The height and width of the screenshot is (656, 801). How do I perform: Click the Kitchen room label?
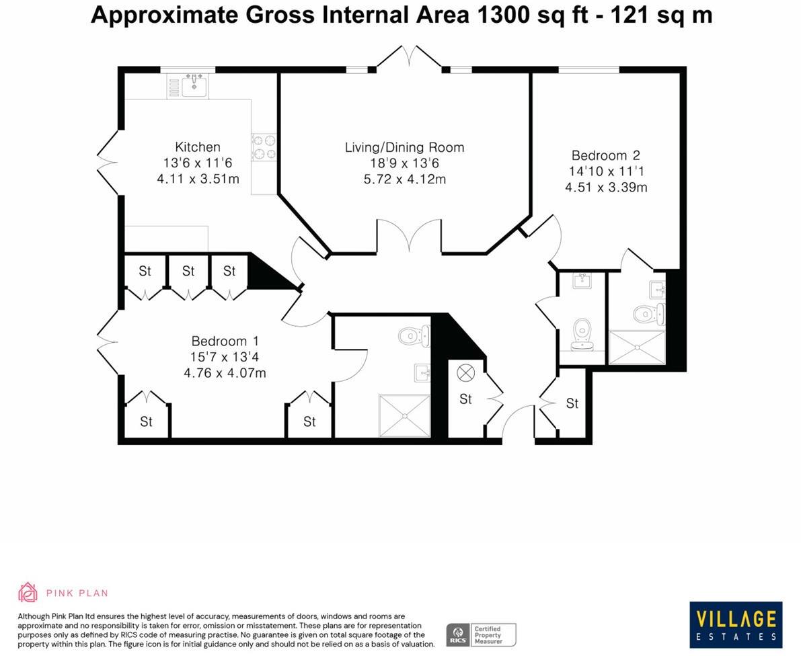[x=197, y=147]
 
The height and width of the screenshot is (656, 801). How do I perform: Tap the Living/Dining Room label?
[x=404, y=147]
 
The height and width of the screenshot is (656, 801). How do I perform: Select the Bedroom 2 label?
[x=605, y=155]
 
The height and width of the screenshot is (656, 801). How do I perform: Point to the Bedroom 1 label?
[x=225, y=341]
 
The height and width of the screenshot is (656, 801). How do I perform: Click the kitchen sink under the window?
[x=194, y=86]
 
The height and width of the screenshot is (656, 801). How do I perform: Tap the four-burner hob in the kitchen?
[x=264, y=147]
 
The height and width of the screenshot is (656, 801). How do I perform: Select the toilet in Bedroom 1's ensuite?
[x=414, y=335]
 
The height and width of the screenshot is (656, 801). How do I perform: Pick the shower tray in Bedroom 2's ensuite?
[x=636, y=347]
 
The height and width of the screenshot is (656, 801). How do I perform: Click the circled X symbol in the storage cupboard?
[x=465, y=372]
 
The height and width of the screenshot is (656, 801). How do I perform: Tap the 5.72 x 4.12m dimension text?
[x=404, y=179]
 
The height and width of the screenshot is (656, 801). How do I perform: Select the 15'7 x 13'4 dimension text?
[x=225, y=357]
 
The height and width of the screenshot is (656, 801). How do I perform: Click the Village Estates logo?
[x=736, y=624]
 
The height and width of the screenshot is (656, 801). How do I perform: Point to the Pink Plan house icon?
[x=28, y=592]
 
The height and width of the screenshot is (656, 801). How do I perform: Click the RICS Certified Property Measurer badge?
[x=481, y=634]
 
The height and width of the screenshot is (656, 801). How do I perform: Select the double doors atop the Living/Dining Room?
[x=409, y=56]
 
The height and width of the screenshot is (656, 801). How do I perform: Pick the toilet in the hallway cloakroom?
[x=582, y=334]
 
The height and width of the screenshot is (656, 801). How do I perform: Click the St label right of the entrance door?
[x=572, y=403]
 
